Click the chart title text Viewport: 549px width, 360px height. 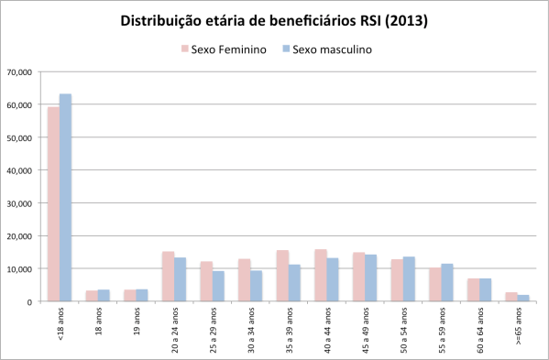click(x=274, y=20)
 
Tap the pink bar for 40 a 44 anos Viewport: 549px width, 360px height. click(x=320, y=276)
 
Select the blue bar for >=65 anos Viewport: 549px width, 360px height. click(x=522, y=299)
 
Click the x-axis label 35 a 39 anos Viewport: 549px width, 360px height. click(x=288, y=331)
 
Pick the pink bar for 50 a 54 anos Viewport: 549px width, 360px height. click(x=396, y=280)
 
